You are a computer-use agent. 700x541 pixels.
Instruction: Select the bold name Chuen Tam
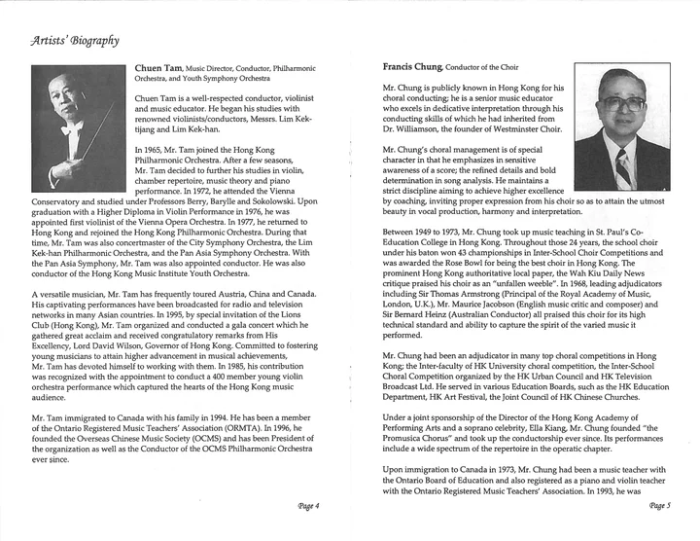(x=157, y=68)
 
